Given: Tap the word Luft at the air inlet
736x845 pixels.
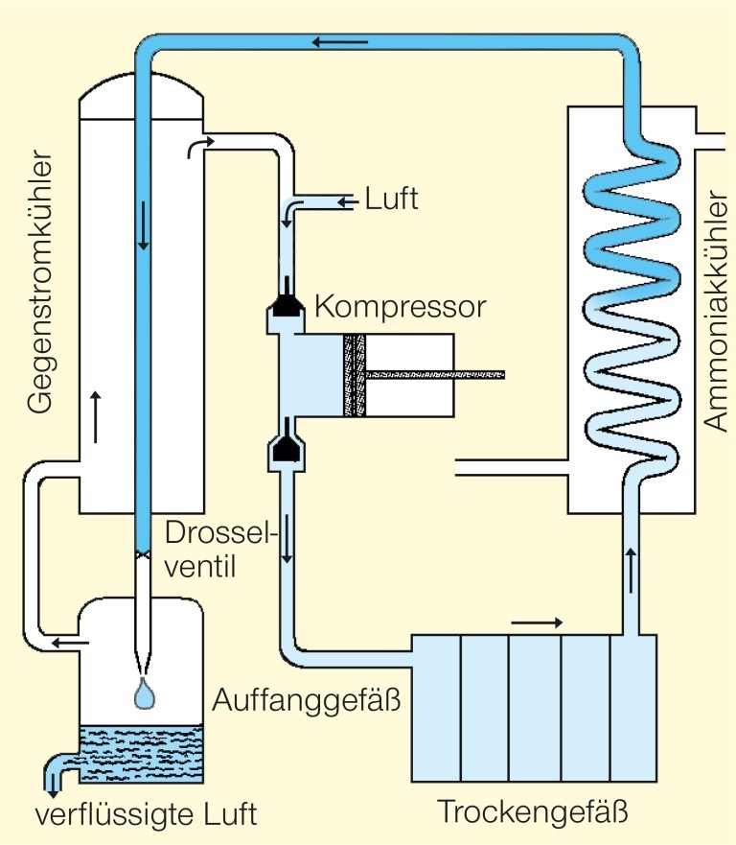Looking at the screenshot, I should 392,200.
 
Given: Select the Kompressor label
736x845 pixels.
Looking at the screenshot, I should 401,309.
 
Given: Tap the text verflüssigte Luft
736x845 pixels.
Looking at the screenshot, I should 147,815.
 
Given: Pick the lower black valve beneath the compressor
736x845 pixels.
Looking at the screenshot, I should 287,447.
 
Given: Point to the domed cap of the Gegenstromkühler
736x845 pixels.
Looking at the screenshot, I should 141,96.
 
